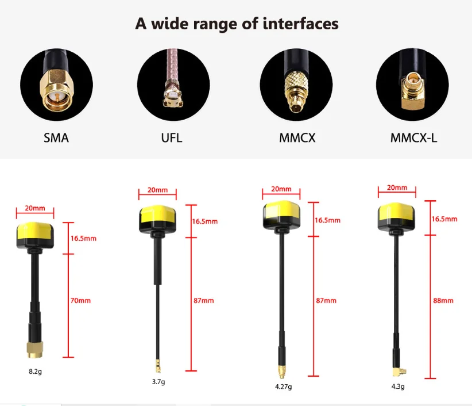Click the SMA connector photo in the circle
56,85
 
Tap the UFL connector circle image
172,85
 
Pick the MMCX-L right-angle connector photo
413,85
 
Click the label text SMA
56,138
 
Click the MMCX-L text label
413,138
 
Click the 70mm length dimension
80,300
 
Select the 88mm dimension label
443,300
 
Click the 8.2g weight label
35,371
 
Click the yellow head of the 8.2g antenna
35,233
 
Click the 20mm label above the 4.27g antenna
281,189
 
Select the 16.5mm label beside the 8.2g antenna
83,238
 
